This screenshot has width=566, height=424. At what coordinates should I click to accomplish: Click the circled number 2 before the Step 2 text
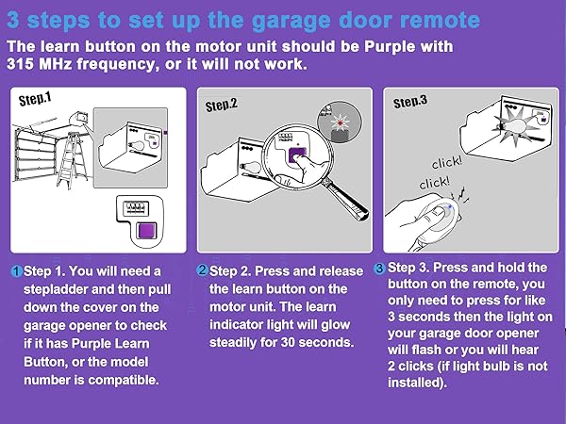202,271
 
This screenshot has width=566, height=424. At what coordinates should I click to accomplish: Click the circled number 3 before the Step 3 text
380,268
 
